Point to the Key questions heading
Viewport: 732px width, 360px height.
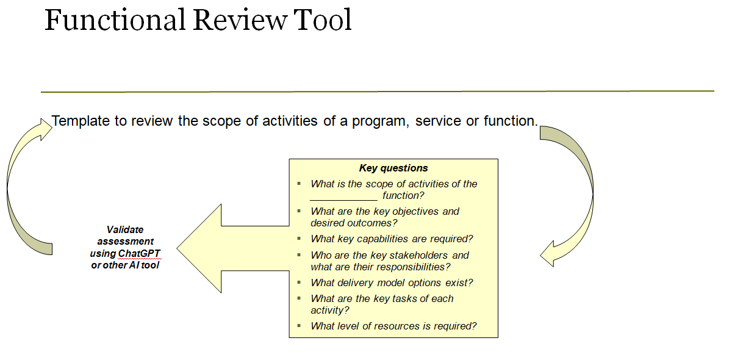pos(393,168)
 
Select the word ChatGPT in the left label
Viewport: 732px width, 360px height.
pos(140,253)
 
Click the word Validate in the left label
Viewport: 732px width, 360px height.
pos(125,230)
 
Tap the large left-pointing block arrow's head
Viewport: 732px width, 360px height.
pos(195,248)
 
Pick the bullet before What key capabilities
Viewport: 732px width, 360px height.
pos(299,239)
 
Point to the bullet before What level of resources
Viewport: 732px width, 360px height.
pos(299,326)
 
